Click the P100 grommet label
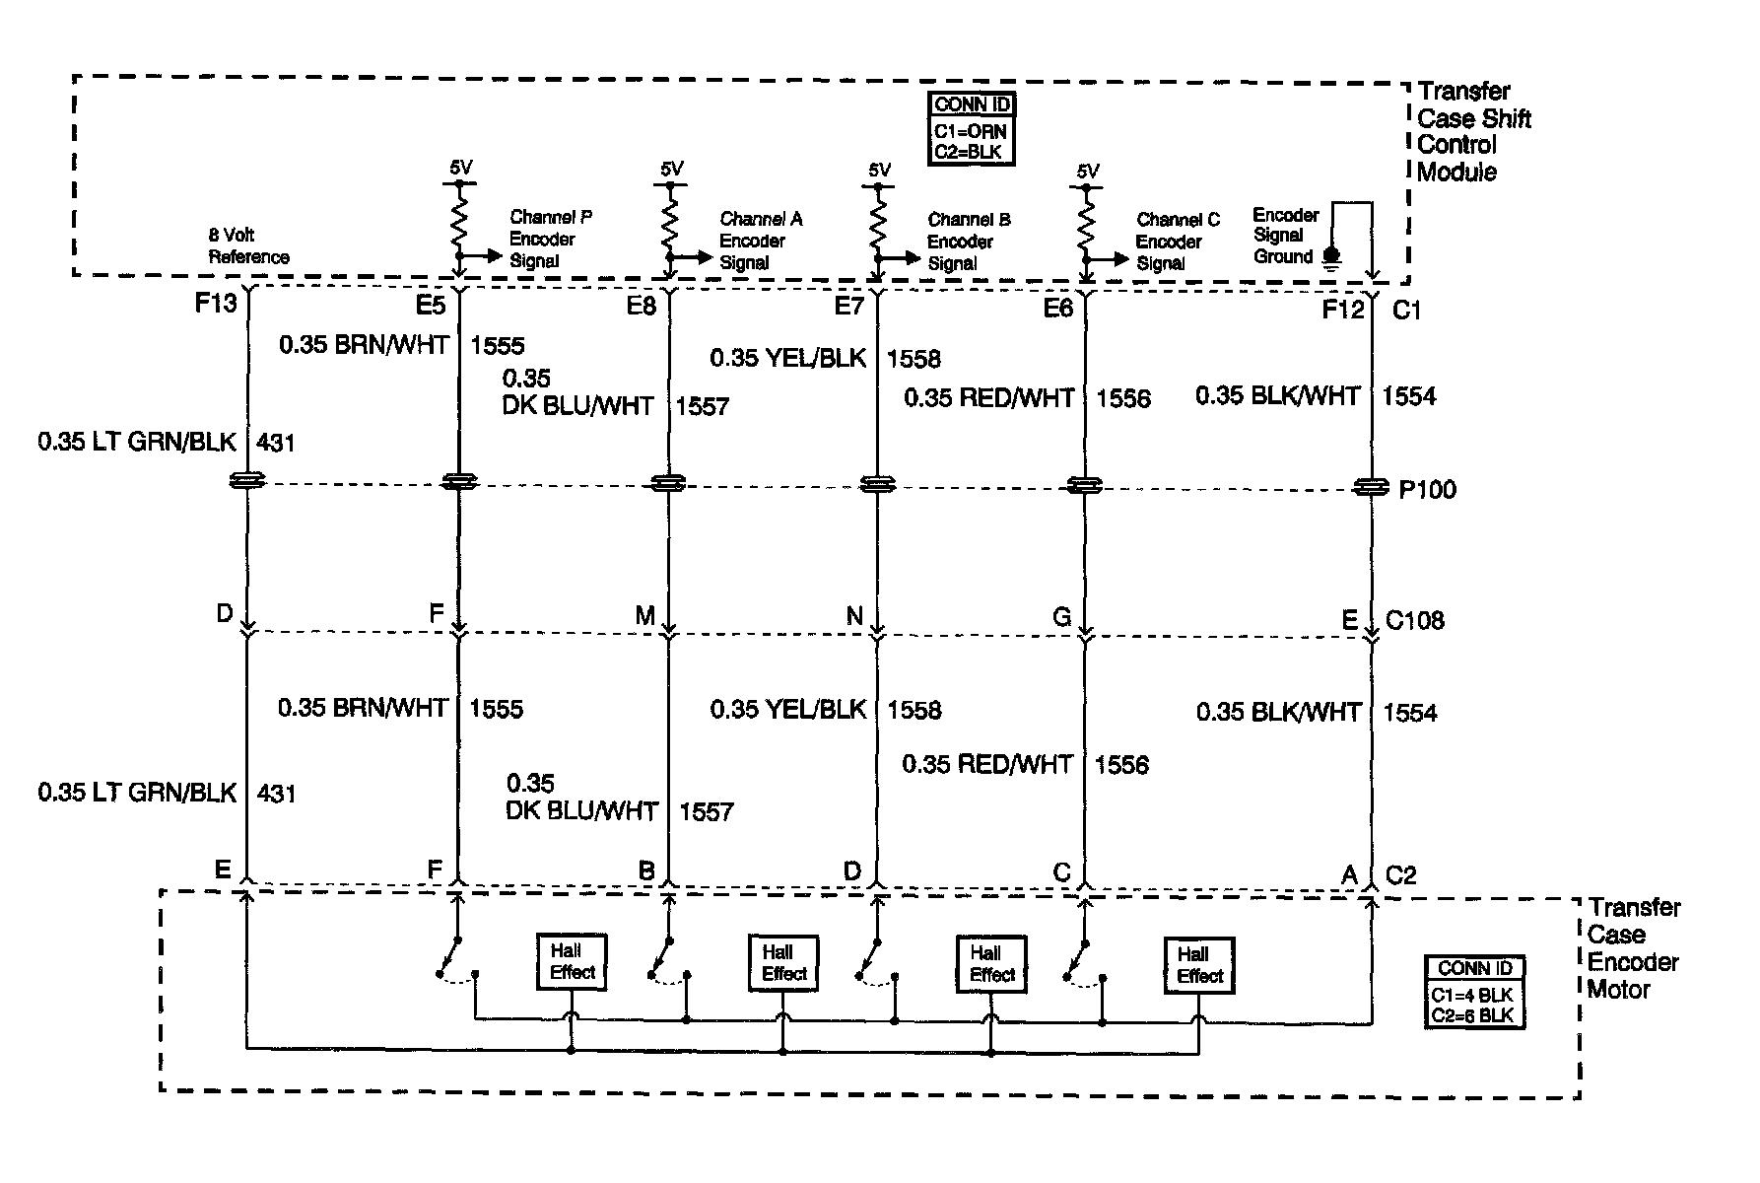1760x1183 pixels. point(1427,490)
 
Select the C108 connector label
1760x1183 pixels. point(1414,620)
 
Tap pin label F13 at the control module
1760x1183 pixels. point(215,304)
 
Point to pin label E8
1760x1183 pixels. point(641,307)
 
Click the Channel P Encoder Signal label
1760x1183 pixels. point(550,239)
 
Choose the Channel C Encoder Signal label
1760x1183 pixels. point(1177,242)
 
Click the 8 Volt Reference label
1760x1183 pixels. point(248,246)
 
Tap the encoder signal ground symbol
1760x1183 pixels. point(1331,258)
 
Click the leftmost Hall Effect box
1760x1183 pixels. point(572,962)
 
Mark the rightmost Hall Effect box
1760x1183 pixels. point(1198,966)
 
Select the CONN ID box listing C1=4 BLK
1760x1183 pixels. point(1474,993)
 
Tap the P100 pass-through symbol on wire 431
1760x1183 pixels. point(246,481)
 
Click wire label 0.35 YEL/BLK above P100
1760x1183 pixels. point(787,358)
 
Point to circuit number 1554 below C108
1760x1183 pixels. point(1409,713)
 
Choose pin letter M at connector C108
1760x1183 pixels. point(644,616)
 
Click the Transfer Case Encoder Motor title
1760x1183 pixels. point(1633,948)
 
